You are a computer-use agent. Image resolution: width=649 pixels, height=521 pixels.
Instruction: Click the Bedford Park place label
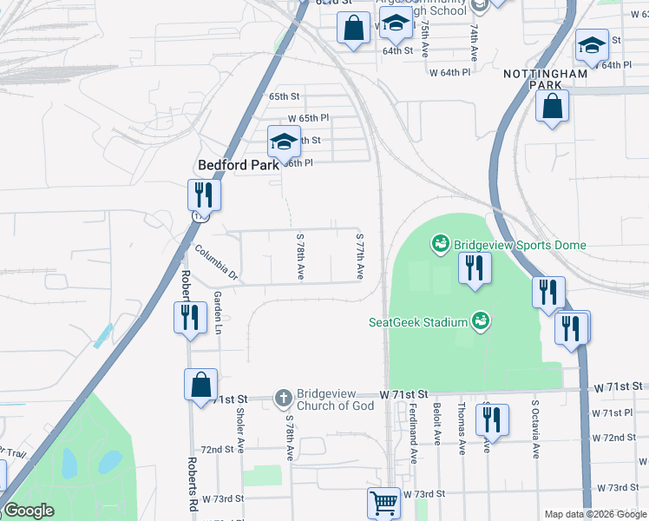pyautogui.click(x=238, y=164)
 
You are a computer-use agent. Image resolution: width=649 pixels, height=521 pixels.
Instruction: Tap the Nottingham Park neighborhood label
pyautogui.click(x=545, y=81)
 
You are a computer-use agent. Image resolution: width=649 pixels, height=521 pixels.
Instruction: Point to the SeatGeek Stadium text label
pyautogui.click(x=419, y=322)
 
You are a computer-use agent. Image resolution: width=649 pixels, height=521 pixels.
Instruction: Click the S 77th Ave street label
pyautogui.click(x=359, y=255)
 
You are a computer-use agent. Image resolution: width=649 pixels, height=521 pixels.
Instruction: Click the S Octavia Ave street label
pyautogui.click(x=536, y=428)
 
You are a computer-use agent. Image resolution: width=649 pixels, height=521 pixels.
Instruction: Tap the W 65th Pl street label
pyautogui.click(x=309, y=117)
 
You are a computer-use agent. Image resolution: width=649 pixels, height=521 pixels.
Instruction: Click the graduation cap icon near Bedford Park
pyautogui.click(x=284, y=141)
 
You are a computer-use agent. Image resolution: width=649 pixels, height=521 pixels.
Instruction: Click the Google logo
pyautogui.click(x=28, y=511)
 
